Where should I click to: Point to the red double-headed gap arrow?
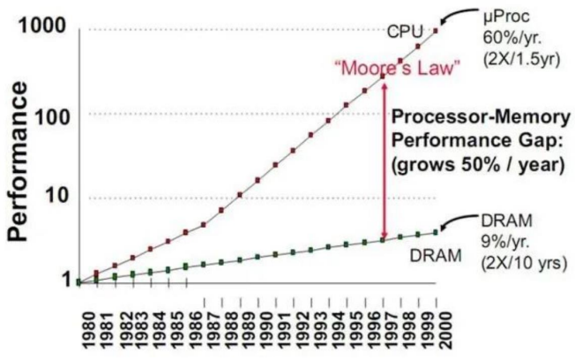[385, 159]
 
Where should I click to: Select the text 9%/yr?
[504, 241]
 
